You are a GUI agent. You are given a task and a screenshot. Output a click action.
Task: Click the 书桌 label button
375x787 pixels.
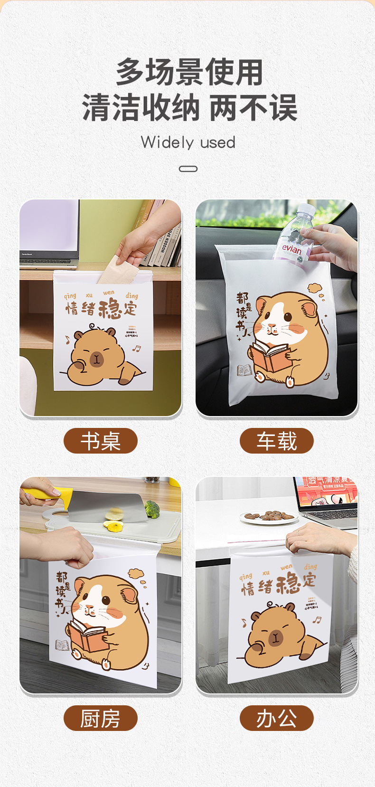[100, 441]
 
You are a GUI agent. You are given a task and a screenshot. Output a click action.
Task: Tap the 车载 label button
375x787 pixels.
[276, 441]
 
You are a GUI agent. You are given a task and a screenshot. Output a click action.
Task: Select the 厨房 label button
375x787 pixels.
[100, 718]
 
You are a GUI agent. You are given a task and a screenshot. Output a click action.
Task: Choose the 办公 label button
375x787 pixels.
[276, 718]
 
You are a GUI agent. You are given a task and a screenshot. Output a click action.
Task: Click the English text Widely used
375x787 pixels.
[188, 142]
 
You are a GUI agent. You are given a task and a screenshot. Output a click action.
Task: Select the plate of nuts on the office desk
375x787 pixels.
[269, 517]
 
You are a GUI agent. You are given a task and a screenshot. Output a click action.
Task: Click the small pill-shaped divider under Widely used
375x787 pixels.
[188, 169]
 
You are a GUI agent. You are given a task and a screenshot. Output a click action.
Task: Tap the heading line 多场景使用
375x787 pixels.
[189, 73]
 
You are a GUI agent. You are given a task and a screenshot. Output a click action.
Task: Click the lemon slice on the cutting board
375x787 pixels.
[113, 525]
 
